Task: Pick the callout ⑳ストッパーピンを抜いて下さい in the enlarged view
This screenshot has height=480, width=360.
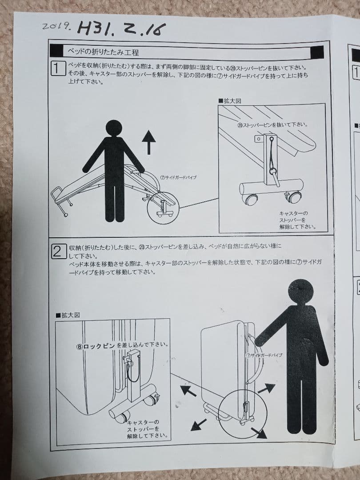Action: [272, 125]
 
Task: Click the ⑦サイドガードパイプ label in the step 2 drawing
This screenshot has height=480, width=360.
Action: [264, 356]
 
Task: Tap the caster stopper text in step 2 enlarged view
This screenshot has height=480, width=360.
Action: [144, 429]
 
